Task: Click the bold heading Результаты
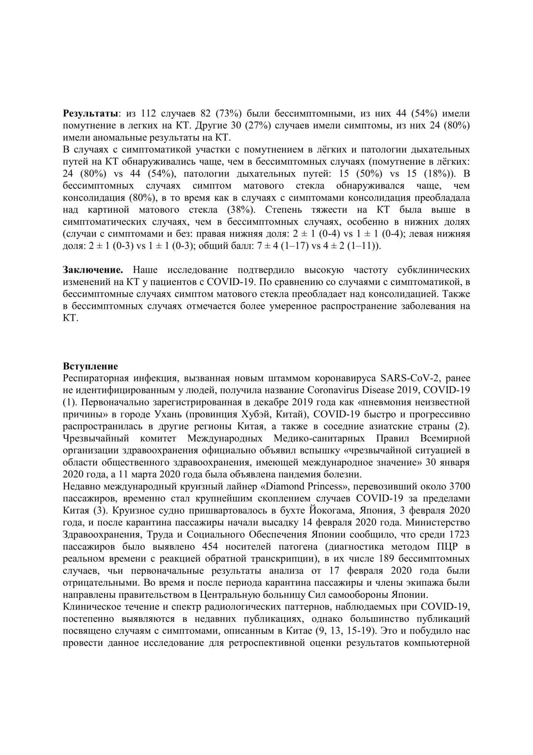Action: pyautogui.click(x=90, y=114)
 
